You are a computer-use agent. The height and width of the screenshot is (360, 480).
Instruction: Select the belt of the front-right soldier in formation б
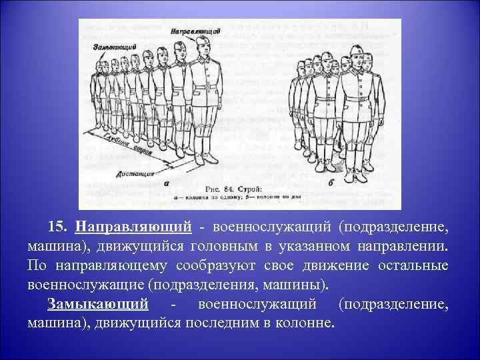point(358,98)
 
